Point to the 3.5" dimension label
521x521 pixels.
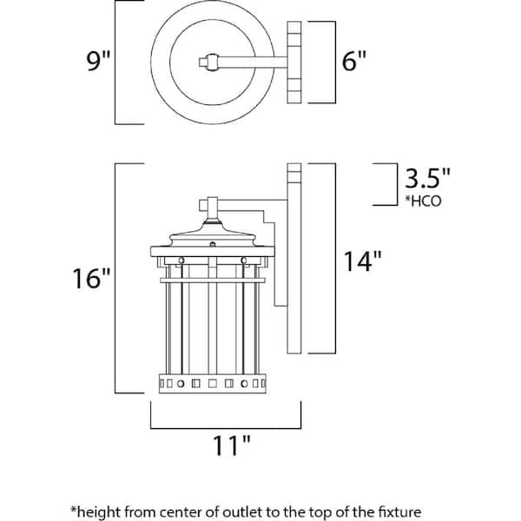point(428,180)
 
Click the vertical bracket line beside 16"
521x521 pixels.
point(117,278)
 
